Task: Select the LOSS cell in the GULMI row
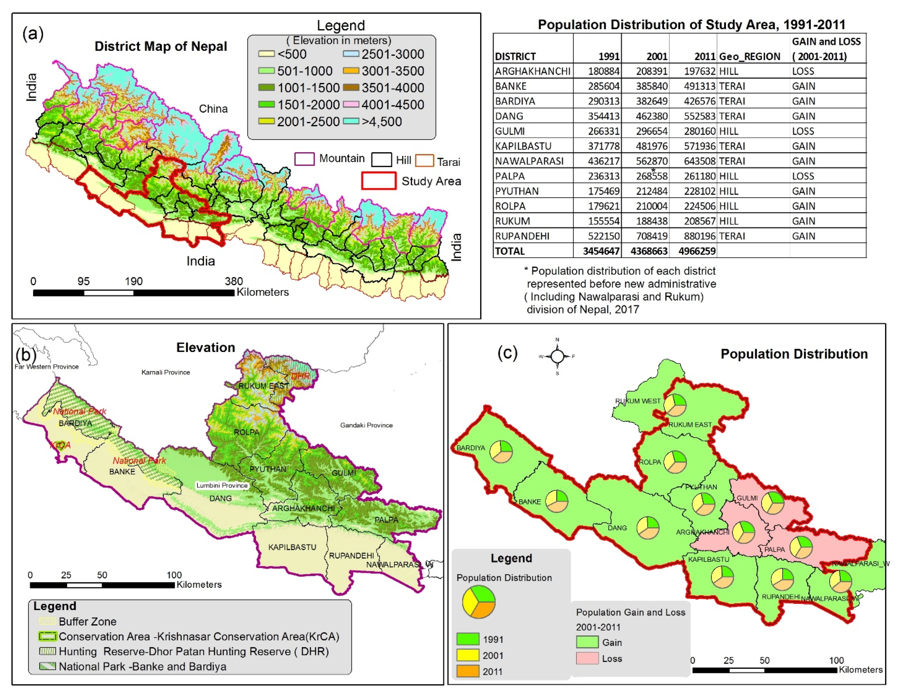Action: click(803, 131)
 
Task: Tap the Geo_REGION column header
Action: click(749, 57)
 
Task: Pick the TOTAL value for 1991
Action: click(601, 251)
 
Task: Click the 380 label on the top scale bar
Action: click(234, 281)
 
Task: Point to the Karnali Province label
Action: click(166, 372)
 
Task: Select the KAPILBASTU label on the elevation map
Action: click(292, 547)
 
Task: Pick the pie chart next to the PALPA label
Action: click(801, 547)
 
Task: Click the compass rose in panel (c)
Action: click(557, 356)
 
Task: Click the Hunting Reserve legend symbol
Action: click(47, 651)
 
